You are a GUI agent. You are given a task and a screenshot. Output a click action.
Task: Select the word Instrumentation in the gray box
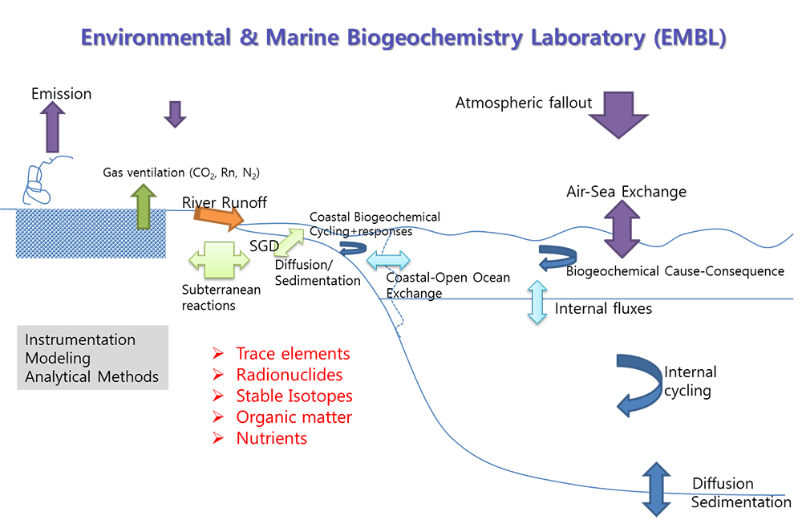[80, 339]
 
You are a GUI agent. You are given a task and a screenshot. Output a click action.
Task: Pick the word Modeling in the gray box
[58, 358]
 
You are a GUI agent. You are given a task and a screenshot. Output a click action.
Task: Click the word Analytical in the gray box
[59, 376]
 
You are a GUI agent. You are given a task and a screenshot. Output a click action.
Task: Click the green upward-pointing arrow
[144, 205]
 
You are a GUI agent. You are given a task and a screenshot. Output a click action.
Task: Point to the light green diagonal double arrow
[289, 242]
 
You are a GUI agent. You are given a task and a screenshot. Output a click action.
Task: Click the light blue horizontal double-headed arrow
[389, 260]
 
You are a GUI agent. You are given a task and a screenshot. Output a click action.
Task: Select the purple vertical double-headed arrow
[625, 229]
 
